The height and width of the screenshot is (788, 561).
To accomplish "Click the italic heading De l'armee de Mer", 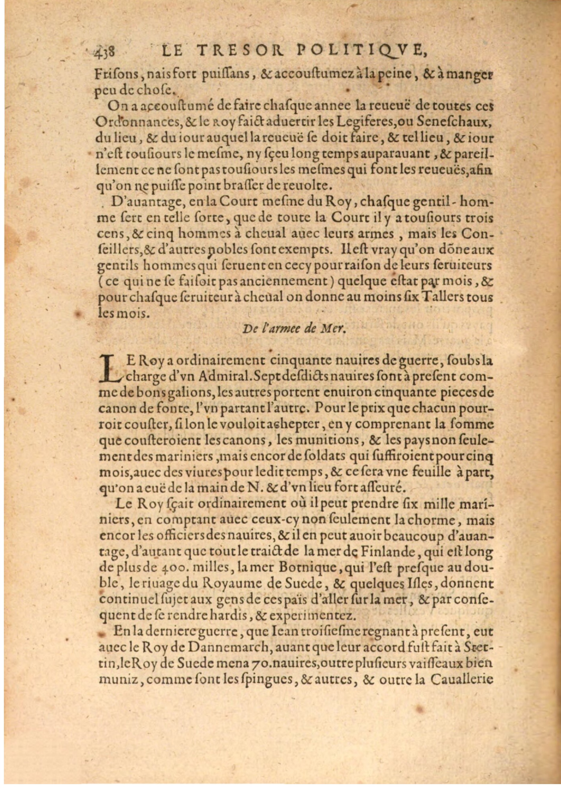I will [294, 329].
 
